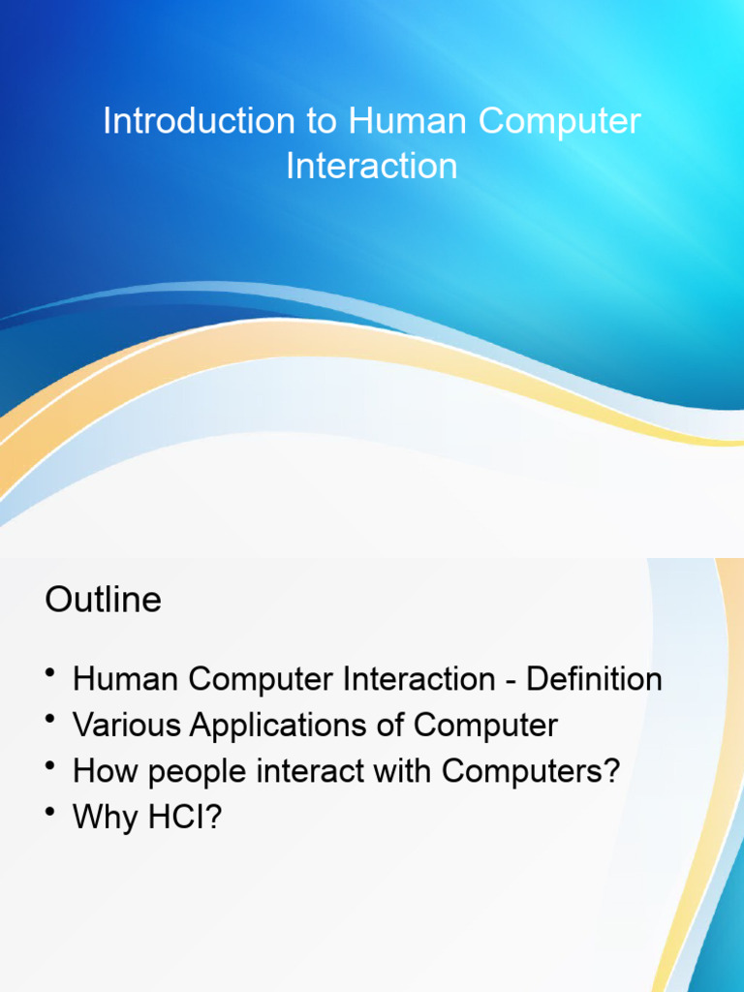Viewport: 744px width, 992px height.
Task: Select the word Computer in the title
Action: [x=560, y=122]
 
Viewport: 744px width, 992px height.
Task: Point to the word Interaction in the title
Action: [x=372, y=166]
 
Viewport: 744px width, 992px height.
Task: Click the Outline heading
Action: [x=103, y=600]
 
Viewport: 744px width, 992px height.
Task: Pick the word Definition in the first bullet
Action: [x=595, y=679]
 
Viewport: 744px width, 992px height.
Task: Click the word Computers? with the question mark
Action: [x=530, y=772]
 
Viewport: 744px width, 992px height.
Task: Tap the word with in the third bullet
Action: [x=405, y=772]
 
